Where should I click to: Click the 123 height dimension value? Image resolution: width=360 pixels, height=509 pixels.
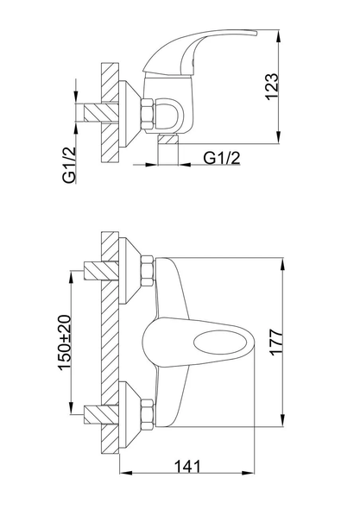pyautogui.click(x=273, y=86)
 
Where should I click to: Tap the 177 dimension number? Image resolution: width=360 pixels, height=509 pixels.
pyautogui.click(x=277, y=342)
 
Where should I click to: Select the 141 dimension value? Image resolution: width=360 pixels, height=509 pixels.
pyautogui.click(x=188, y=467)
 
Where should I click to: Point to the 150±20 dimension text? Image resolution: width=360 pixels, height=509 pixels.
pyautogui.click(x=65, y=342)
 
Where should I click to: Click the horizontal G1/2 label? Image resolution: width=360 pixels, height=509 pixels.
pyautogui.click(x=222, y=158)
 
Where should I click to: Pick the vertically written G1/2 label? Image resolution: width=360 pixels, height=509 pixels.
pyautogui.click(x=69, y=166)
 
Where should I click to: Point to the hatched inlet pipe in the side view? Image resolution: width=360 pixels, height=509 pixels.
pyautogui.click(x=101, y=113)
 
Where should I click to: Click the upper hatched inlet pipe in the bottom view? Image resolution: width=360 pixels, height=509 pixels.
pyautogui.click(x=101, y=271)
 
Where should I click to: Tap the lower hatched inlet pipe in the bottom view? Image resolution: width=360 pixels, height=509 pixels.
pyautogui.click(x=101, y=415)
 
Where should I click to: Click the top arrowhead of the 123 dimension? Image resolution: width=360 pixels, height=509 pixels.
pyautogui.click(x=279, y=36)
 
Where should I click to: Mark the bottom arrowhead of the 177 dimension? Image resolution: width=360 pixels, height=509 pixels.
pyautogui.click(x=284, y=420)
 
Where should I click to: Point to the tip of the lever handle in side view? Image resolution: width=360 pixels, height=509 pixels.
pyautogui.click(x=256, y=33)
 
